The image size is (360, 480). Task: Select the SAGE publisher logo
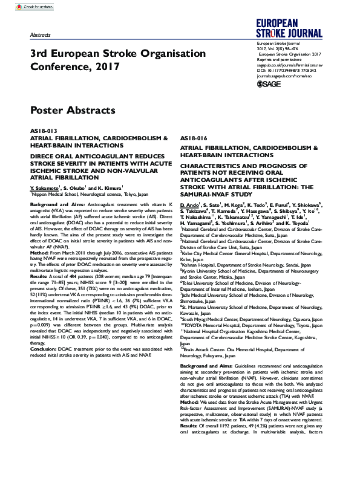pyautogui.click(x=269, y=84)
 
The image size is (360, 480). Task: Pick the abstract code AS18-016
pyautogui.click(x=194, y=139)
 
